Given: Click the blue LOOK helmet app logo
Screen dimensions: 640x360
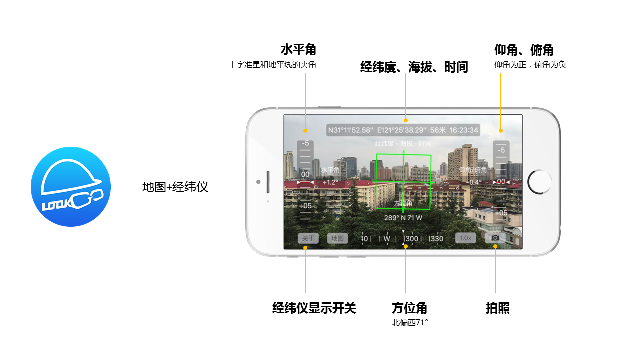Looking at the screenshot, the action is (71, 187).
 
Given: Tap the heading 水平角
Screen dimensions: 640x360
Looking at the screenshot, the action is (298, 50).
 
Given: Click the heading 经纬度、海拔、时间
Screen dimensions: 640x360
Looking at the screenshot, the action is (414, 67).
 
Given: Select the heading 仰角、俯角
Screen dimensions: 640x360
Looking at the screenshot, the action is (523, 50).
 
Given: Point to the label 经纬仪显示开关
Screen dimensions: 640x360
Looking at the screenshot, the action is (314, 308).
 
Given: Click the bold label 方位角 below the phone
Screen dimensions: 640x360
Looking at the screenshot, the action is (409, 308).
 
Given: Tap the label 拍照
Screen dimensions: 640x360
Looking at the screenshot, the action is (497, 308).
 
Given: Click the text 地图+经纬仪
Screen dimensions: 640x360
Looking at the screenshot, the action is (175, 187).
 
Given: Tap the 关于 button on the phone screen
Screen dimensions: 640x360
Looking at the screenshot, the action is (308, 238).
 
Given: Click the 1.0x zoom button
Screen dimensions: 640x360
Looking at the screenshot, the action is (465, 238).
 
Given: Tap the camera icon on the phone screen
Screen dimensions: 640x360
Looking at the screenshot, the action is (495, 238).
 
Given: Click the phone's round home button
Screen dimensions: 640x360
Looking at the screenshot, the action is (539, 182).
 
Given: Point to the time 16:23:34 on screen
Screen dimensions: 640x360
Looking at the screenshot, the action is (464, 130).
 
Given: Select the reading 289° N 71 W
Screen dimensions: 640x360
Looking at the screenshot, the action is (403, 218).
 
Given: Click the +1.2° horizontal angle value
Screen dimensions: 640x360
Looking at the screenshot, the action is (330, 182).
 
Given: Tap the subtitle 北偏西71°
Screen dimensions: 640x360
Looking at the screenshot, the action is (410, 323).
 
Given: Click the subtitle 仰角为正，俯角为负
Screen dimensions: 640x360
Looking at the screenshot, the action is (530, 65).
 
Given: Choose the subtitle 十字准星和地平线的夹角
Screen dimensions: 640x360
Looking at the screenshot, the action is (272, 65).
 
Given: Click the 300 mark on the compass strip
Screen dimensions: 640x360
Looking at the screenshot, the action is (412, 239).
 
